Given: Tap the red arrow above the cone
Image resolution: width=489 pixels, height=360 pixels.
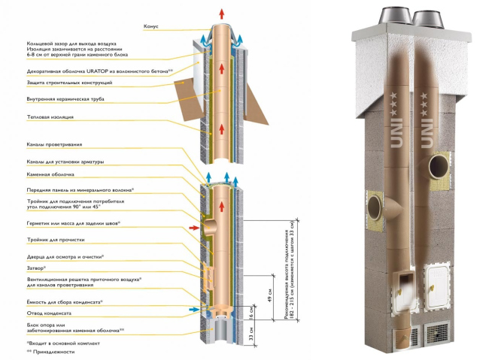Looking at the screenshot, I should (x=220, y=14).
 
